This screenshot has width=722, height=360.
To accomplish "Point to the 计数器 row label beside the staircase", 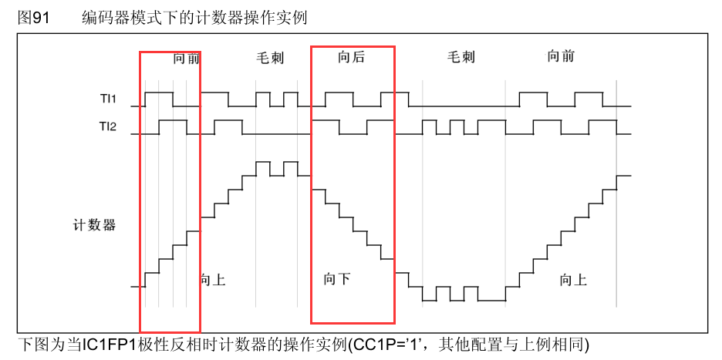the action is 94,225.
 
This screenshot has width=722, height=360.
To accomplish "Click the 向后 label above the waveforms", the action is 351,56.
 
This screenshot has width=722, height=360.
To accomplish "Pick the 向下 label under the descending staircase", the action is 337,278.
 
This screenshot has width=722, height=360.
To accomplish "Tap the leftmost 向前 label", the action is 186,58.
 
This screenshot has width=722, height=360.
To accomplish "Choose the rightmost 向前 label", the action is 561,56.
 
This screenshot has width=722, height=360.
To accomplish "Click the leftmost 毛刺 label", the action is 270,58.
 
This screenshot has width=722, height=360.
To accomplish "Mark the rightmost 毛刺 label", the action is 461,57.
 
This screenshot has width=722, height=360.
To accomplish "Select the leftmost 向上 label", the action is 212,279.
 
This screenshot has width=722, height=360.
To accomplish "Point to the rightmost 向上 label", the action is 573,280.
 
